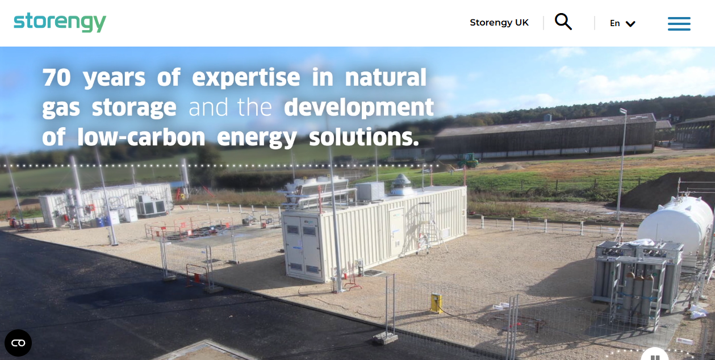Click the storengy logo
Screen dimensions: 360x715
click(x=60, y=23)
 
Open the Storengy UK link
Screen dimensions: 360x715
click(x=499, y=23)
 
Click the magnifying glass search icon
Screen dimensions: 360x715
click(x=563, y=22)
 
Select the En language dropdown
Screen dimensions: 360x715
click(x=622, y=23)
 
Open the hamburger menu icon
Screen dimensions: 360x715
click(x=679, y=23)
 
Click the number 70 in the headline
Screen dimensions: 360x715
click(x=57, y=78)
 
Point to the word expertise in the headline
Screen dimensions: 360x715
click(x=246, y=78)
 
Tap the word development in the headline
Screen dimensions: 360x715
click(x=359, y=107)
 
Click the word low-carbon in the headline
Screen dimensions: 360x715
click(x=141, y=137)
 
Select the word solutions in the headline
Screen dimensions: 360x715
click(x=363, y=137)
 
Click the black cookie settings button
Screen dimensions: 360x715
click(x=18, y=343)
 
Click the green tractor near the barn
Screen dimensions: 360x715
click(x=469, y=161)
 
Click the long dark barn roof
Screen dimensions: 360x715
click(x=545, y=125)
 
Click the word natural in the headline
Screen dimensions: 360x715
click(x=386, y=78)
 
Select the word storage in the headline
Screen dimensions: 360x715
click(x=134, y=107)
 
